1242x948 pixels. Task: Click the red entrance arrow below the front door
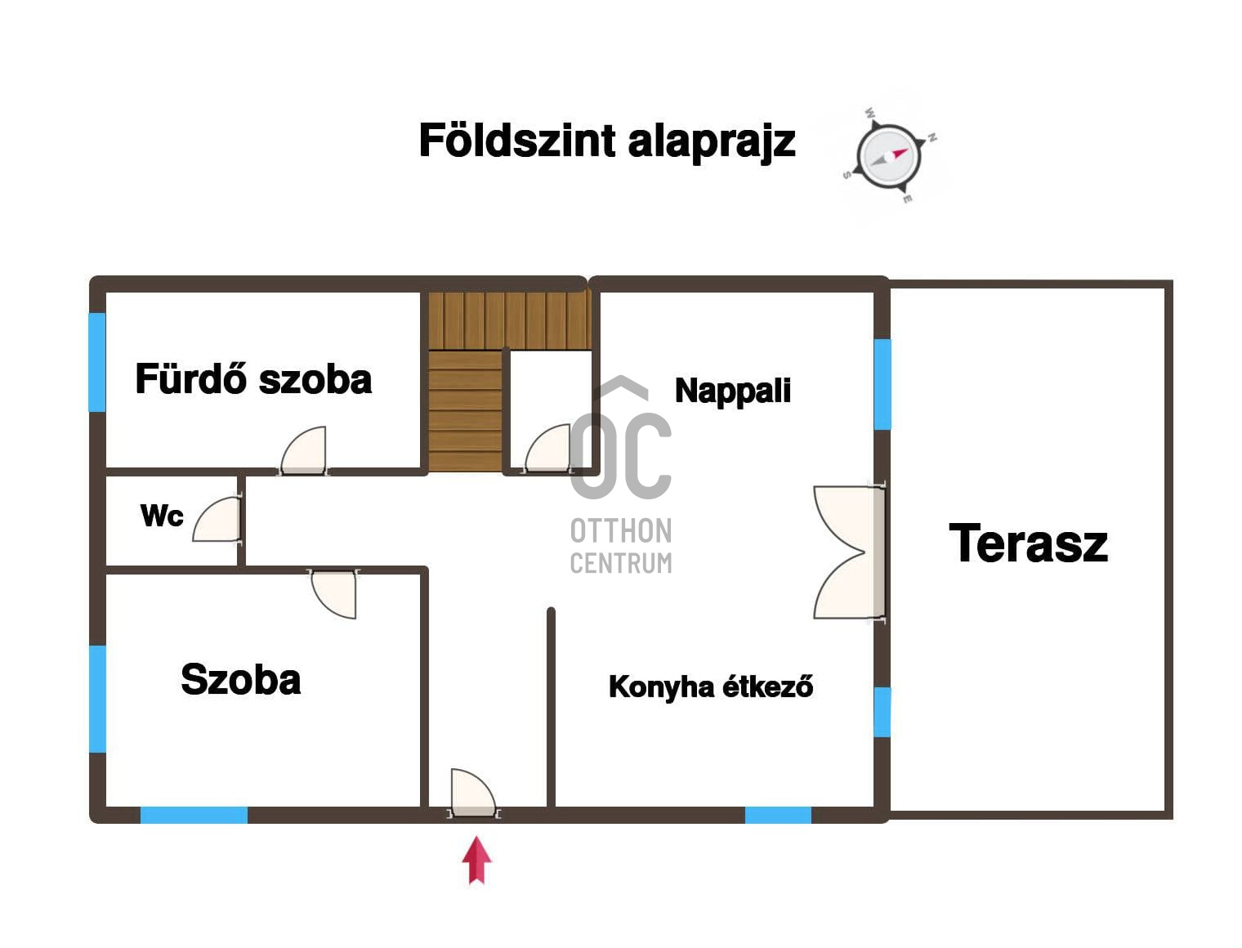[x=476, y=860]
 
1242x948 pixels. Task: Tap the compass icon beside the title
[x=888, y=155]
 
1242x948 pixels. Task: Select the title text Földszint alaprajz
[x=607, y=141]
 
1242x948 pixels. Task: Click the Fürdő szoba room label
[x=253, y=378]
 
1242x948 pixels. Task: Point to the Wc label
[x=162, y=515]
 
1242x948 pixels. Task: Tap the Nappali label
[x=733, y=391]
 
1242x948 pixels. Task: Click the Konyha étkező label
[x=711, y=686]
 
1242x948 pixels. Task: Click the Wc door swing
[x=217, y=519]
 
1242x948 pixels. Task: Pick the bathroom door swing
[x=304, y=450]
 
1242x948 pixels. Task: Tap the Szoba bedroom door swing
[x=334, y=593]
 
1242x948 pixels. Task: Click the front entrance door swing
[x=474, y=793]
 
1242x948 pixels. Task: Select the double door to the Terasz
[x=849, y=552]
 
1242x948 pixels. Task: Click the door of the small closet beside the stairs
[x=547, y=448]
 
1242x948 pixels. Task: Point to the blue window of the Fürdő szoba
[x=97, y=362]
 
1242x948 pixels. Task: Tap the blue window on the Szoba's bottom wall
[x=194, y=815]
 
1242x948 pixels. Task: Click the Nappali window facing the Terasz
[x=882, y=384]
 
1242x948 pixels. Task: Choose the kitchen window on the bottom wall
[x=778, y=815]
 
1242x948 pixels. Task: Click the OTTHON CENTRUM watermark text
[x=621, y=546]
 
